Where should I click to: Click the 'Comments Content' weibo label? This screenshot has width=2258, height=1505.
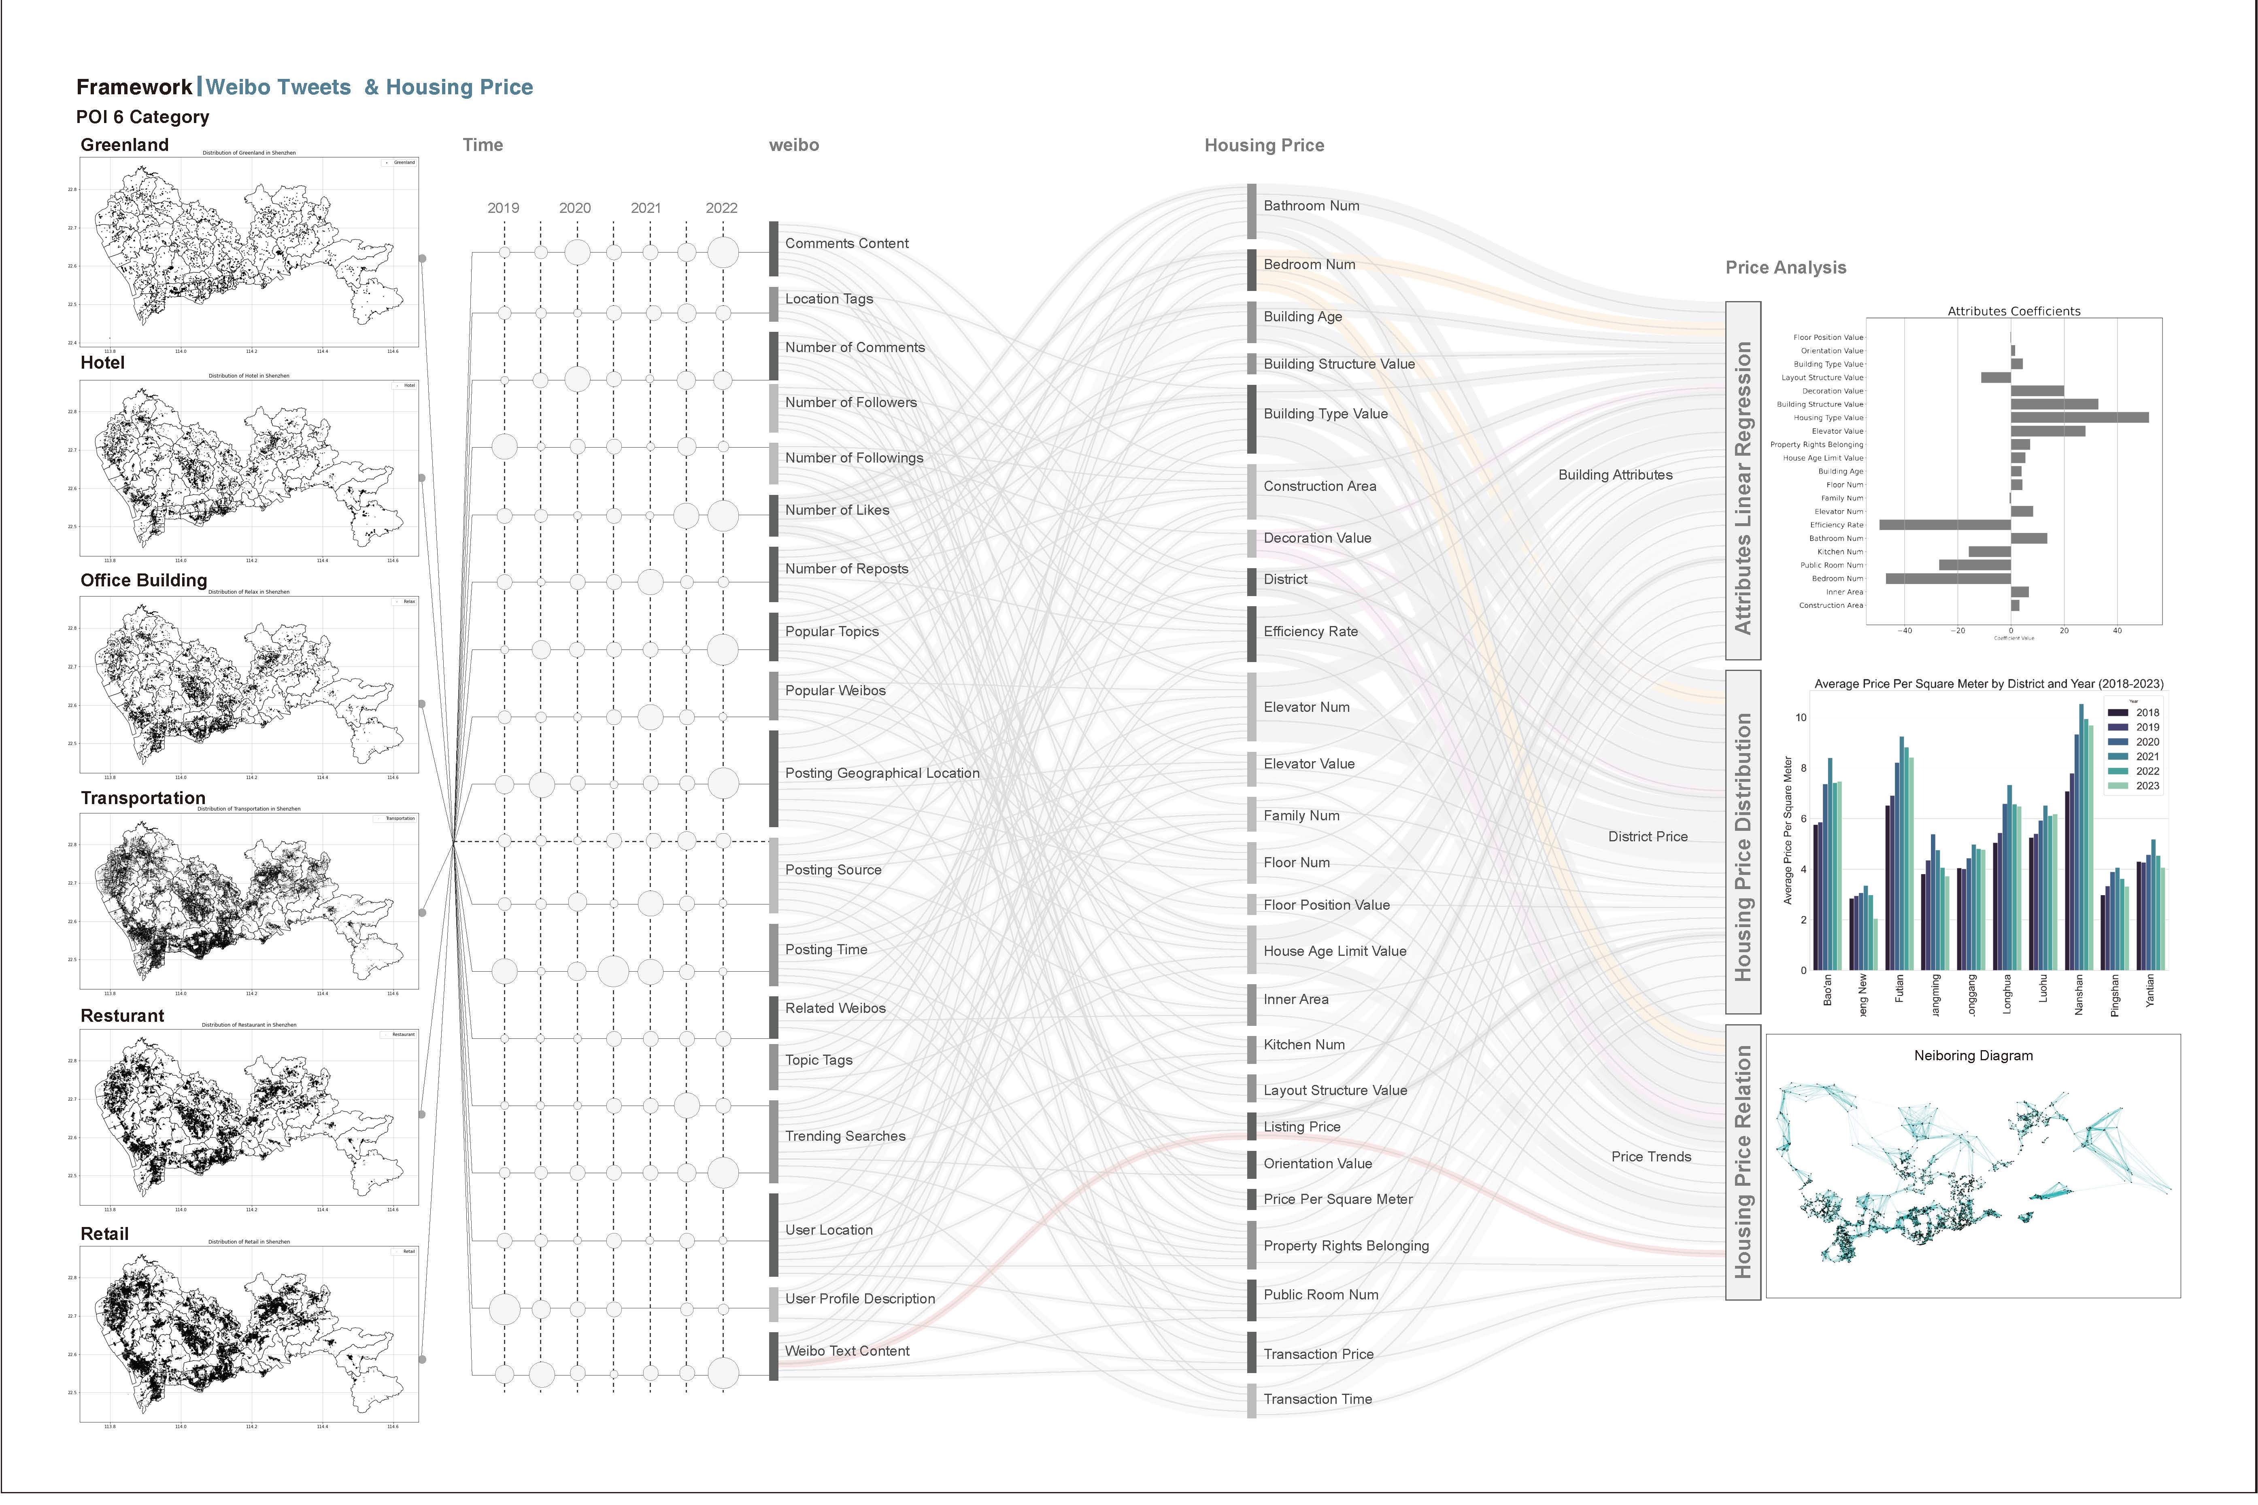point(846,244)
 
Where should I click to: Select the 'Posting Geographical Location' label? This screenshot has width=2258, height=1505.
point(881,774)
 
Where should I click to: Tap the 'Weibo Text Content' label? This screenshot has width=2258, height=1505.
point(847,1352)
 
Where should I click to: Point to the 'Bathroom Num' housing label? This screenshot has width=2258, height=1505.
point(1310,206)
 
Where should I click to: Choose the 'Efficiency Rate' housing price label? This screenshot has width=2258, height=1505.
point(1310,632)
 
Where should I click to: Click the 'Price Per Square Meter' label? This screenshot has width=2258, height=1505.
point(1337,1200)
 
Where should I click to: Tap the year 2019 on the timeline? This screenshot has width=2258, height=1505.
point(503,208)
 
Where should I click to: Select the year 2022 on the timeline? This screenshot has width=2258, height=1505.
point(721,208)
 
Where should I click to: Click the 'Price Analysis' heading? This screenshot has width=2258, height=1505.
point(1785,268)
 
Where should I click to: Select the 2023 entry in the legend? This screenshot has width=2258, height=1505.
point(2147,786)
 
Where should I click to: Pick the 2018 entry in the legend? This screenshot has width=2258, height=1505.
point(2147,712)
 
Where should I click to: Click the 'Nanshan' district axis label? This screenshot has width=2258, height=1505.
point(2079,994)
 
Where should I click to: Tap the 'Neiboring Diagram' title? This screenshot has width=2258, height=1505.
point(1973,1056)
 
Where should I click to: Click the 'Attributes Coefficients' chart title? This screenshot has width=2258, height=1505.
point(2013,311)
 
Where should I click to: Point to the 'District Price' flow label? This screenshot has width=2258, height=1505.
point(1648,837)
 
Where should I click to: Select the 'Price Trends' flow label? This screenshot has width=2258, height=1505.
point(1650,1157)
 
